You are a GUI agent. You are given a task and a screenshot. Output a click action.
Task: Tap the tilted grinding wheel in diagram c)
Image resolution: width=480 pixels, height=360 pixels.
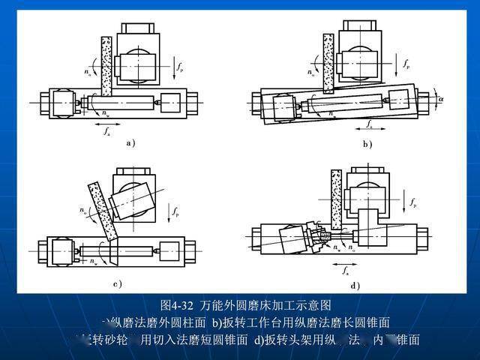point(100,214)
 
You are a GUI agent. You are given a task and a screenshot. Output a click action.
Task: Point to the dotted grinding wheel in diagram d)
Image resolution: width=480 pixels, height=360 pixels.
point(336,199)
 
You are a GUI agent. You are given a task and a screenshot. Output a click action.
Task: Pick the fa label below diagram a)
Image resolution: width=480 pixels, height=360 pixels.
point(108,132)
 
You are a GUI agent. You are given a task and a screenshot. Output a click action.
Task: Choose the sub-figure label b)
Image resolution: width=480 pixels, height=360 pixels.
point(367,143)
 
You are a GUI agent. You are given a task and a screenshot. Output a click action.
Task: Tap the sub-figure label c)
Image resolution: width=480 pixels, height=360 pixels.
point(118,283)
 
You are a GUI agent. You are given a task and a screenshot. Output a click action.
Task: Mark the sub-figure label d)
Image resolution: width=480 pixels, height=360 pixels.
point(355,285)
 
